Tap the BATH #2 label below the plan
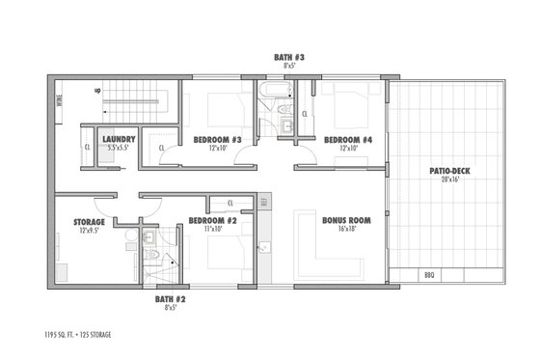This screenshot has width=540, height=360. pos(170,299)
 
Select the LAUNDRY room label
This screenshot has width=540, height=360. pos(119,139)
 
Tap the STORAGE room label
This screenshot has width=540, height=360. pos(89,222)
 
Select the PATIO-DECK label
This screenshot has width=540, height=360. pos(449,172)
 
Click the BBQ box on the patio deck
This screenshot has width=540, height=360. pos(429,275)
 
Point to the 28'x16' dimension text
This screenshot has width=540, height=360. pos(449,180)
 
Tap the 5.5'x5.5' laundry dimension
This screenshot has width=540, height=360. pos(119,148)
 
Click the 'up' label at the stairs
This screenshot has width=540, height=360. pos(98,91)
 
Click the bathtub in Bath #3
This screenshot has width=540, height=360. pos(272,93)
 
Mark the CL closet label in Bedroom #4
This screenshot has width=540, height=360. pos(305,114)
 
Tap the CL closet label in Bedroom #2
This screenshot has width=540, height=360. pos(229,202)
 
